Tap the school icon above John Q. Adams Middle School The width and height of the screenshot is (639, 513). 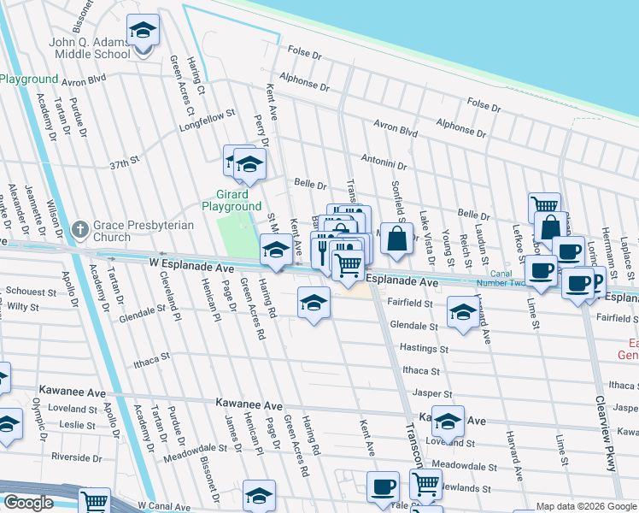tap(143, 31)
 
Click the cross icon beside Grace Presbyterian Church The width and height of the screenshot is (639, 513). tap(80, 229)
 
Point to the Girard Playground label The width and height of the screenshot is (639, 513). tap(232, 200)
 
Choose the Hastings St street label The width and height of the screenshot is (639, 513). tap(425, 349)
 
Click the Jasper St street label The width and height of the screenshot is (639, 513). tap(431, 393)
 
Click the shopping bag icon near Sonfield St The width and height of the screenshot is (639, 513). tap(397, 240)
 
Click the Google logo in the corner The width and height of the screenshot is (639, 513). tap(28, 504)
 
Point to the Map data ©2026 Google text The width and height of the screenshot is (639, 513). tap(585, 507)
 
